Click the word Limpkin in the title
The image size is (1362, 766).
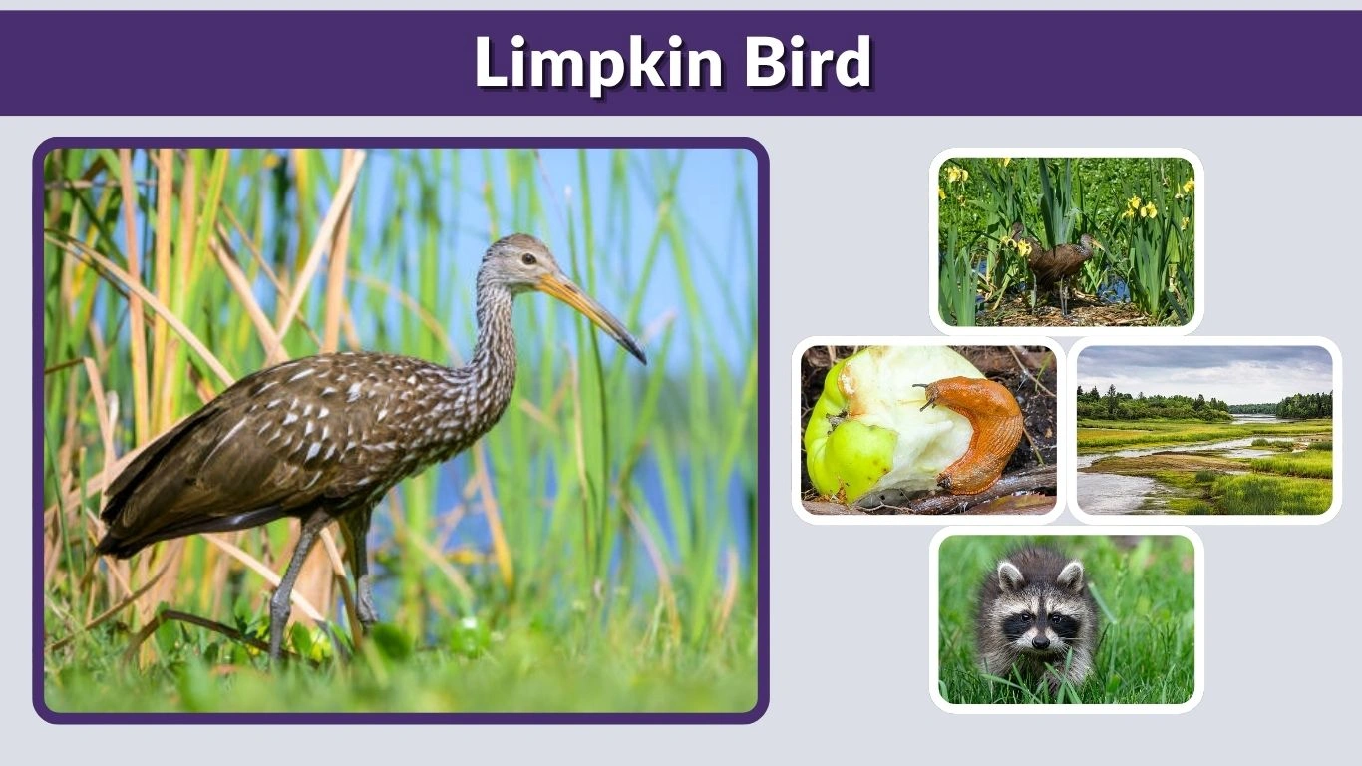pyautogui.click(x=598, y=64)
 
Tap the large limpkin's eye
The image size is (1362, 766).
pyautogui.click(x=527, y=259)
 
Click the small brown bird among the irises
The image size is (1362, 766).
pyautogui.click(x=1057, y=261)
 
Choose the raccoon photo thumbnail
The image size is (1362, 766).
pyautogui.click(x=1066, y=619)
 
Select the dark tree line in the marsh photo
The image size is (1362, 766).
pyautogui.click(x=1147, y=406)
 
